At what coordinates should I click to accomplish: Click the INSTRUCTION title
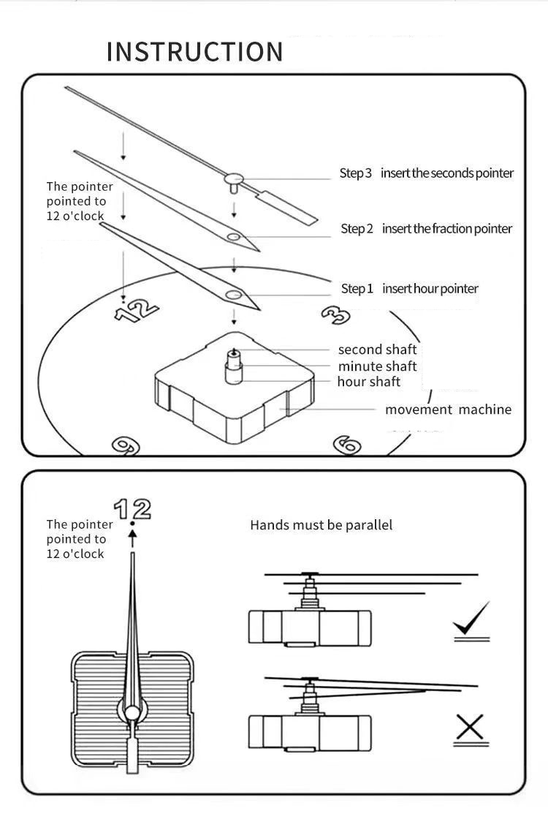(194, 52)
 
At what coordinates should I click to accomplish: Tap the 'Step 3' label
(355, 173)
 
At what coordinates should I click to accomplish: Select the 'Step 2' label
(357, 229)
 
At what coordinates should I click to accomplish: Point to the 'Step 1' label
(357, 289)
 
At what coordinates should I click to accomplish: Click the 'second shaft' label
(377, 350)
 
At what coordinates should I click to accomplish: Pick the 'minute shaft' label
(377, 366)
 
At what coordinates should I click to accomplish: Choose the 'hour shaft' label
(369, 382)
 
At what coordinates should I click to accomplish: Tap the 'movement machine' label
(448, 410)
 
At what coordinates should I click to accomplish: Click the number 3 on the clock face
(335, 314)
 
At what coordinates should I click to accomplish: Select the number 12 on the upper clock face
(136, 310)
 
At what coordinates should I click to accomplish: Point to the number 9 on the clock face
(126, 445)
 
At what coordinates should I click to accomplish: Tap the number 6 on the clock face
(347, 445)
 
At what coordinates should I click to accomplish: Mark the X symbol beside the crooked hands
(471, 728)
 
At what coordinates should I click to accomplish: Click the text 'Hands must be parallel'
(321, 525)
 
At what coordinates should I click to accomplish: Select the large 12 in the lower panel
(132, 508)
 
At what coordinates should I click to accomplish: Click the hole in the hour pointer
(234, 295)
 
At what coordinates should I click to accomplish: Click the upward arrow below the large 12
(132, 539)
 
